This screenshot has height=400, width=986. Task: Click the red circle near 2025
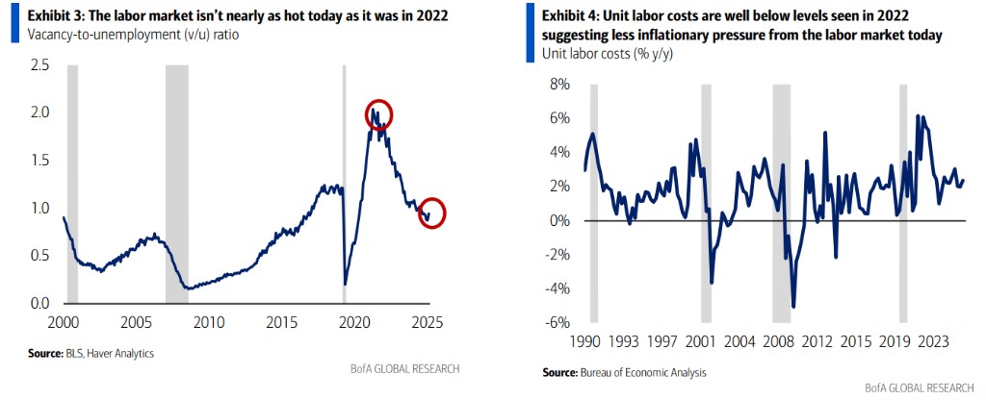[x=433, y=212]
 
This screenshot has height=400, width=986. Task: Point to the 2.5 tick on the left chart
[x=39, y=65]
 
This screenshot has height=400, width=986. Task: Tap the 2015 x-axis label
[x=281, y=320]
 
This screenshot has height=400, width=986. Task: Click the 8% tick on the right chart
[x=558, y=85]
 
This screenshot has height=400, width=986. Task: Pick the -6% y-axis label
[x=557, y=322]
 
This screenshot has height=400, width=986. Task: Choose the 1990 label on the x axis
[x=586, y=340]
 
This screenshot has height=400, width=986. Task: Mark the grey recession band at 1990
[x=593, y=202]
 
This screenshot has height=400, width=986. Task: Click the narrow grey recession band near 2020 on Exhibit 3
[x=345, y=183]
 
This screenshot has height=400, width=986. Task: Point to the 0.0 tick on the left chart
[x=39, y=304]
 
